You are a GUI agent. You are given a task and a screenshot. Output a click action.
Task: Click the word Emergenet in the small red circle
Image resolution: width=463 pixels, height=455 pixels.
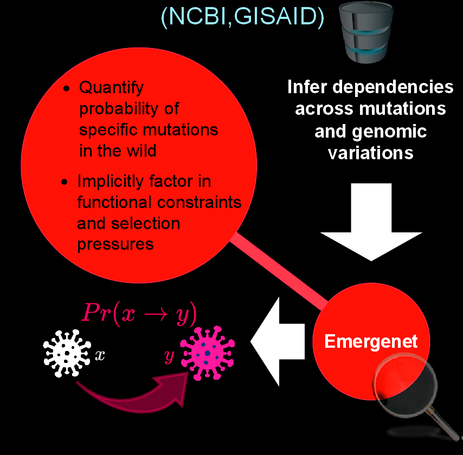(x=371, y=342)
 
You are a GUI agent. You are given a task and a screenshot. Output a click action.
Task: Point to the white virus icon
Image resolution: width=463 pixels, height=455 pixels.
(x=66, y=354)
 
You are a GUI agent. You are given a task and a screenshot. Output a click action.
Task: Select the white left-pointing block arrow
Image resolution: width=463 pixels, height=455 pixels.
(x=276, y=341)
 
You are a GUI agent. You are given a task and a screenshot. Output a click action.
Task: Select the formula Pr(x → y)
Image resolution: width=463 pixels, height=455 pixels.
(x=139, y=313)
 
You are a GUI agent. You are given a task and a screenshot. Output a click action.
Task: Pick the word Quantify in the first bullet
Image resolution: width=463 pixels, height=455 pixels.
(x=111, y=87)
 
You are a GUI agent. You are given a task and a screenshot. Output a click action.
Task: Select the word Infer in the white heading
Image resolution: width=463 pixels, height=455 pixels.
(x=306, y=87)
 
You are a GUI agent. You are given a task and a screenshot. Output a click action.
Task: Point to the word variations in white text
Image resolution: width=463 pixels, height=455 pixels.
(x=370, y=152)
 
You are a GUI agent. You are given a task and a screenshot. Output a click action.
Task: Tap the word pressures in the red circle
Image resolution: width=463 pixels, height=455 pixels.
(x=115, y=244)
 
